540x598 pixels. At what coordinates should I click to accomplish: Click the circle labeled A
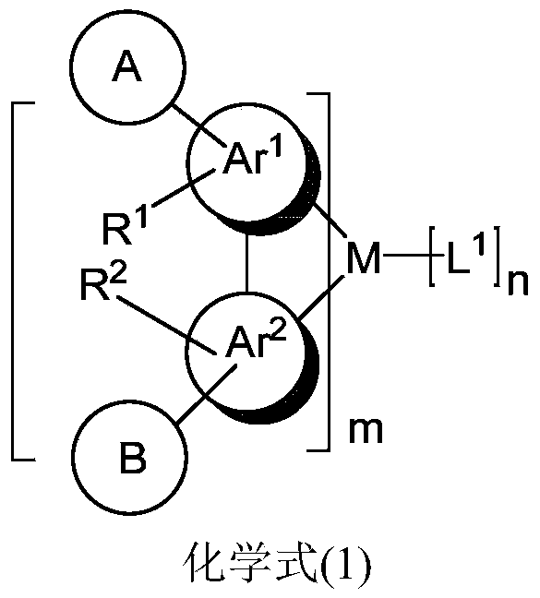(x=126, y=70)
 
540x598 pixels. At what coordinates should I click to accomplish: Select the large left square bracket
(x=20, y=281)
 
